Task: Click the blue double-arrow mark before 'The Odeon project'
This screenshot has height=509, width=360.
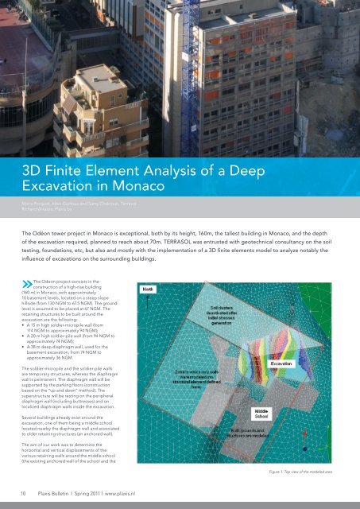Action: click(28, 282)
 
